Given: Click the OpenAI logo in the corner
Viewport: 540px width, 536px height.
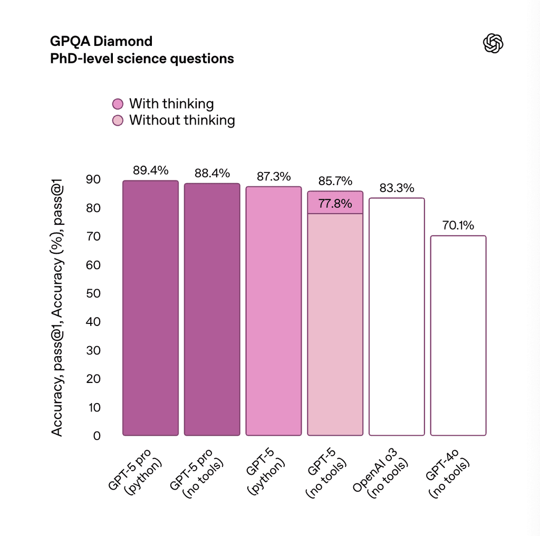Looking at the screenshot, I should point(493,44).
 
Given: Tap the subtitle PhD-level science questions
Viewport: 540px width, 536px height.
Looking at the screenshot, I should point(142,58).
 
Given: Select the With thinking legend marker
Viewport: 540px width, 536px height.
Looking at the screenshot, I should point(118,104).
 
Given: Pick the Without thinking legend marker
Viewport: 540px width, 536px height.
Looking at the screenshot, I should point(118,120).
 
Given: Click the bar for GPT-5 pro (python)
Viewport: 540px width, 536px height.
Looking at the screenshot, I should point(150,308).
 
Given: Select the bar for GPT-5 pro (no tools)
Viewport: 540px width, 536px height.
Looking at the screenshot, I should point(212,310).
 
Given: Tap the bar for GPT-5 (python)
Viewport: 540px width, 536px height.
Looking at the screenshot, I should point(274,311).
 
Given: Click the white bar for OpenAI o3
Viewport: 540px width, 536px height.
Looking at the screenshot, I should point(397,317).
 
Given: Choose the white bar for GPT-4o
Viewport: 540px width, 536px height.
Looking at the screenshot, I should point(458,336).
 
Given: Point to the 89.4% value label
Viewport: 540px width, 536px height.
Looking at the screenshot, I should point(150,170).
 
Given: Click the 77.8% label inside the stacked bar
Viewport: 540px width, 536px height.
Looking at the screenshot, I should point(335,204).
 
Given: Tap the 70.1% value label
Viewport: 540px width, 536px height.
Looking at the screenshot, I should point(458,225).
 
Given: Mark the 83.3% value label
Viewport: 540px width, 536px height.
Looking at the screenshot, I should point(397,188).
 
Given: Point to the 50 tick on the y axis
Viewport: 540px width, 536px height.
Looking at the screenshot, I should point(93,293).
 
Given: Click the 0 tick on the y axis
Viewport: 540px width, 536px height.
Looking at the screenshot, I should point(96,436).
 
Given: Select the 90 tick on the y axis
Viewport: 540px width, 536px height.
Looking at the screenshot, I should point(93,179).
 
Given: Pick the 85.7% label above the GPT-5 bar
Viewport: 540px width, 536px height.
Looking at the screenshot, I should point(335,181).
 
